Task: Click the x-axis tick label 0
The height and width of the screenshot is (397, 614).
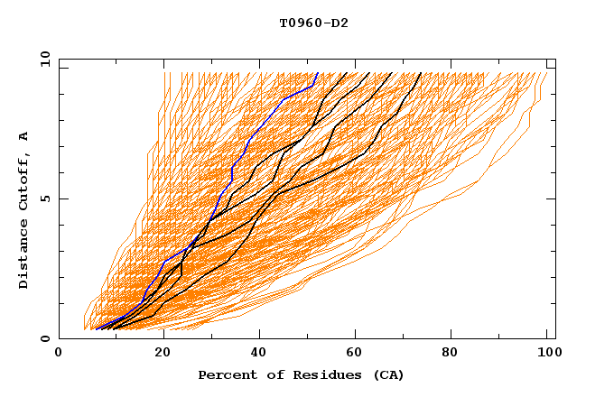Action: click(x=59, y=355)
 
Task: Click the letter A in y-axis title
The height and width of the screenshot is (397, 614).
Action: click(x=24, y=136)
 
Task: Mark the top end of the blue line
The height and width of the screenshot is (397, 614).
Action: click(x=318, y=73)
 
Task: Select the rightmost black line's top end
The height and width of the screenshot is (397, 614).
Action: click(x=421, y=73)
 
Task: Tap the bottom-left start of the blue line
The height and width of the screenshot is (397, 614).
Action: click(x=96, y=329)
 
